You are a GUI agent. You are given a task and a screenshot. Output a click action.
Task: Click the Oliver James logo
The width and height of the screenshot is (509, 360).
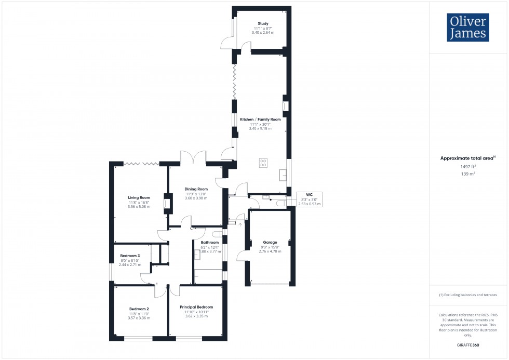[467, 28]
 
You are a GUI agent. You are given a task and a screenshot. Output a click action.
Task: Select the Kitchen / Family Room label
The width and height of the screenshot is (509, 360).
[260, 123]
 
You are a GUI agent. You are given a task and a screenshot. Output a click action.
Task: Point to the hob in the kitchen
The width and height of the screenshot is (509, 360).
[263, 163]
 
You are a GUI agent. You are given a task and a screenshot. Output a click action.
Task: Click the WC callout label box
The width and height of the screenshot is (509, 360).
[309, 199]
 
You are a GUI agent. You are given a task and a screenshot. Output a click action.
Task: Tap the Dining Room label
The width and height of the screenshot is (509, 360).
[196, 193]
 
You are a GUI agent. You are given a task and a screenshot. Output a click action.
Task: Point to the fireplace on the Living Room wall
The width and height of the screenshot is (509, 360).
[167, 203]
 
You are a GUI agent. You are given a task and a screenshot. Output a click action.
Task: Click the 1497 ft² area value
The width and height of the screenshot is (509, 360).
[467, 166]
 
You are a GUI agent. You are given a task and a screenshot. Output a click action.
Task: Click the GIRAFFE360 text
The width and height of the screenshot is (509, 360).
[467, 344]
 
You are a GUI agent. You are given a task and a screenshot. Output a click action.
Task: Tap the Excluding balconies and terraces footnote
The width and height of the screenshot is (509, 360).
[467, 295]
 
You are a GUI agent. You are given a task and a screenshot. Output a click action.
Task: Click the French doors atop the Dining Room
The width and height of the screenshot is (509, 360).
[193, 158]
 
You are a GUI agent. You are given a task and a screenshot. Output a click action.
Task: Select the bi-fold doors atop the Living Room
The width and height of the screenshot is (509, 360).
[141, 164]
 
